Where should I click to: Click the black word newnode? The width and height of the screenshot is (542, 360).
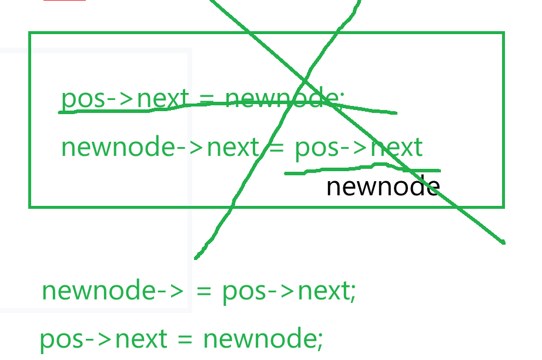click(x=383, y=187)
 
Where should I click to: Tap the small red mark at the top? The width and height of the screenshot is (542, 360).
click(x=64, y=1)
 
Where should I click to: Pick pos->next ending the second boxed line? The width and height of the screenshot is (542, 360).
click(x=359, y=146)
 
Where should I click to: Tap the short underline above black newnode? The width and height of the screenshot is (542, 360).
click(x=362, y=171)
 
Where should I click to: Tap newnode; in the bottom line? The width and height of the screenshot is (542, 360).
click(x=263, y=339)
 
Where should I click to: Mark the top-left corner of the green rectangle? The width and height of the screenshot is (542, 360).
click(x=30, y=33)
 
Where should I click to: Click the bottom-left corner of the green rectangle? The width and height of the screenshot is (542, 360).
click(x=30, y=206)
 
